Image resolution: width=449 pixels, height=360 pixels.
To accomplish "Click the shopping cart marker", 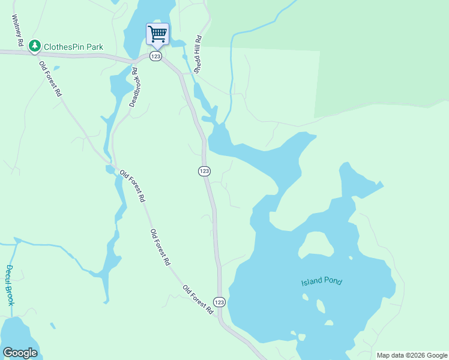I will click(x=157, y=34).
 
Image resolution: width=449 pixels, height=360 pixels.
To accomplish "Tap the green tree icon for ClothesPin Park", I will click(x=35, y=45).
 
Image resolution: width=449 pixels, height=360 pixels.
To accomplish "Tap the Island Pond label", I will click(x=321, y=281).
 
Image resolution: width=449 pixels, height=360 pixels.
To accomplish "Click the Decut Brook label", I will click(x=10, y=285).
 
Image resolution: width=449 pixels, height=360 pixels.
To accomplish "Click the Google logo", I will click(x=20, y=353).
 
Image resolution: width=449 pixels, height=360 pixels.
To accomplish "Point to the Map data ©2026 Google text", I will click(x=411, y=355).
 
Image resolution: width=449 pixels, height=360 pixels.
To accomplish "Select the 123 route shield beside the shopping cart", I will click(x=155, y=56).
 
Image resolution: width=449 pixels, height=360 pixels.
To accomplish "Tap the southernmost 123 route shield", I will click(x=219, y=302).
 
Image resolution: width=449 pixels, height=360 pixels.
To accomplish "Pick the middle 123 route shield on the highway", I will click(x=203, y=171).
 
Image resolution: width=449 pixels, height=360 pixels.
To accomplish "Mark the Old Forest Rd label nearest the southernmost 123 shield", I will click(x=198, y=300).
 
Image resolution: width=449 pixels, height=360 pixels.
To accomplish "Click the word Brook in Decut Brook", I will click(x=10, y=295).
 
